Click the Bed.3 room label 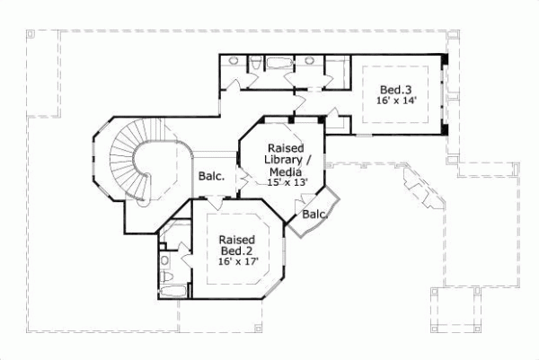point(395,90)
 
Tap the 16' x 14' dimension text point(395,102)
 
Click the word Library point(285,159)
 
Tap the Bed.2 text point(238,252)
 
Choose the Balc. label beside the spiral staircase point(212,176)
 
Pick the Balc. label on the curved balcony point(314,215)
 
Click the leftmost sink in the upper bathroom point(233,61)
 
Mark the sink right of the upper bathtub point(310,61)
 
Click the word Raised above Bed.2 point(238,240)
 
